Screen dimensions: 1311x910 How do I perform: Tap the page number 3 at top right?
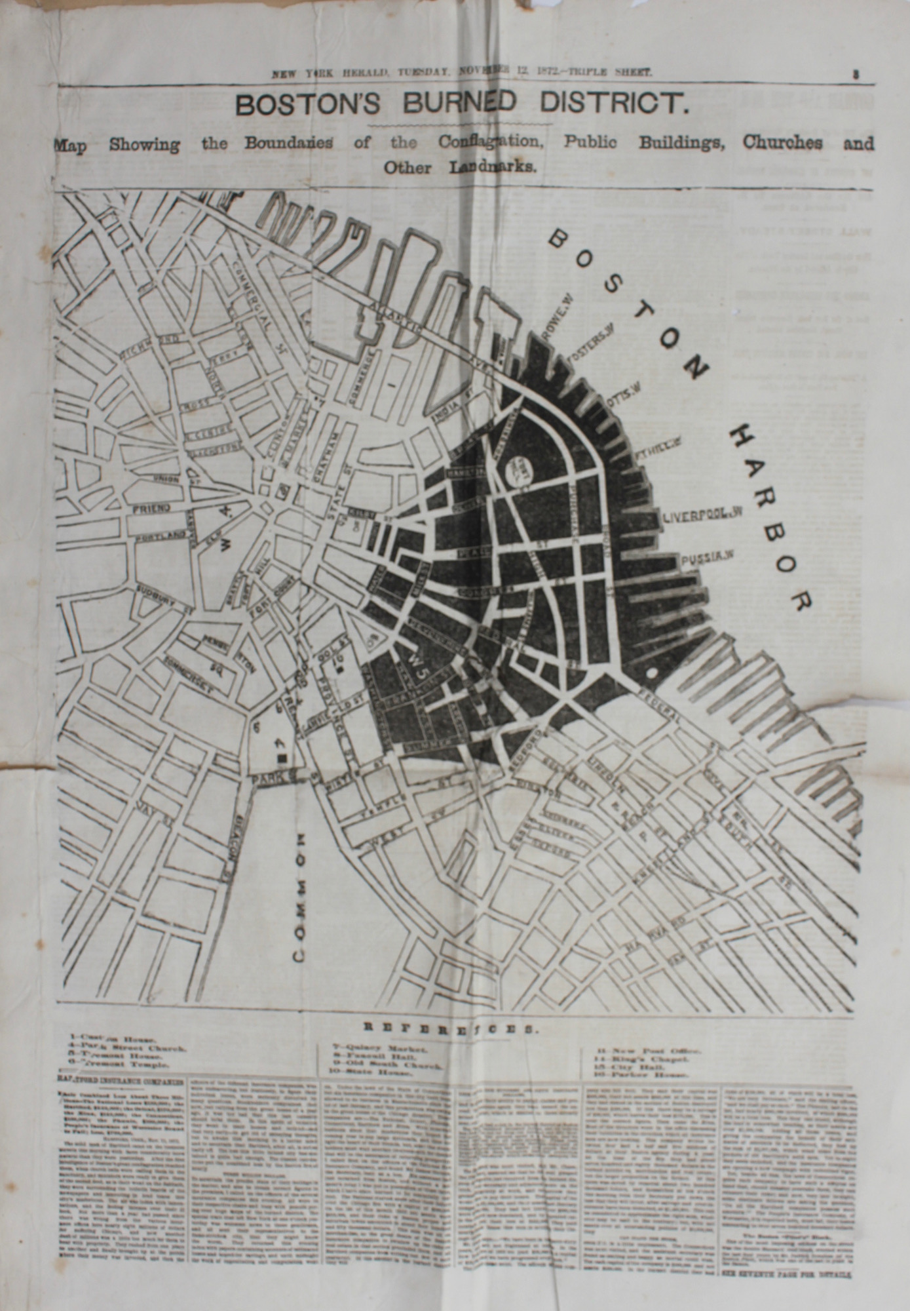click(856, 75)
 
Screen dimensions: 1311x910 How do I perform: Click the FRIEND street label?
click(151, 507)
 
